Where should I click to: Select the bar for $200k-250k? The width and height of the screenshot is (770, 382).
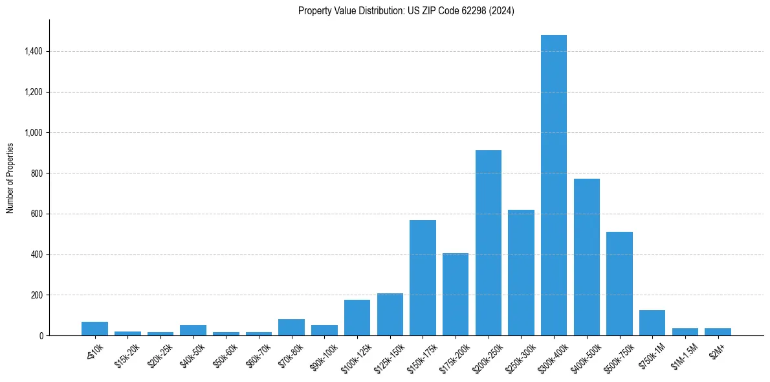(x=489, y=243)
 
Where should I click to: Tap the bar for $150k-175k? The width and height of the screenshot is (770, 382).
(x=423, y=278)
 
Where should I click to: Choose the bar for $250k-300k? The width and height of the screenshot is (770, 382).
(x=521, y=273)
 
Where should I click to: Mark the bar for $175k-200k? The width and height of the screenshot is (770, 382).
(x=456, y=295)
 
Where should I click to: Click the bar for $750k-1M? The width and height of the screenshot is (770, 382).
(x=652, y=323)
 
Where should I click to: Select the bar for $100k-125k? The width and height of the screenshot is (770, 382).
(x=357, y=318)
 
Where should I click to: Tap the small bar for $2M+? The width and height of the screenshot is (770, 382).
(x=718, y=332)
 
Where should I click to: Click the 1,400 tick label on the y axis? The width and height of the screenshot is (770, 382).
(x=33, y=51)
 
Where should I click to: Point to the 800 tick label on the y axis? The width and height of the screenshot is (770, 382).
(x=37, y=174)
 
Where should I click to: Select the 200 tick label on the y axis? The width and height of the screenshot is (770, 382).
(x=37, y=295)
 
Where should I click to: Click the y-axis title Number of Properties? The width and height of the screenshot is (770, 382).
(x=10, y=177)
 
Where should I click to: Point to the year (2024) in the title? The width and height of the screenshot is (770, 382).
(x=501, y=11)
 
